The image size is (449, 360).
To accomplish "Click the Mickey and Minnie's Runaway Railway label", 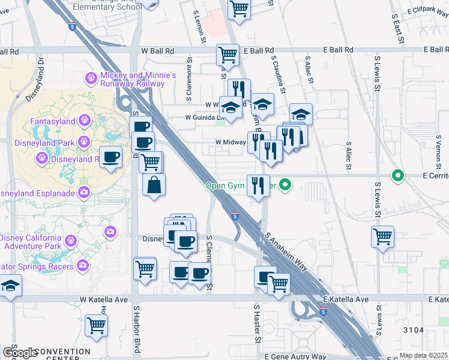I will tap(138, 79).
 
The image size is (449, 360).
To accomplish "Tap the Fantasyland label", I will tap(53, 122).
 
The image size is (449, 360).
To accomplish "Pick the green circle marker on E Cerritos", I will tap(397, 176).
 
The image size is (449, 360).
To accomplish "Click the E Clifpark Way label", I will tap(427, 10).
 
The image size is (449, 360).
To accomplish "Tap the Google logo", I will tap(19, 353).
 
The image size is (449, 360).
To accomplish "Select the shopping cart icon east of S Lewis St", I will tap(382, 236).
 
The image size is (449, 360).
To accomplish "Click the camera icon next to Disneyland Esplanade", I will tap(84, 193).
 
